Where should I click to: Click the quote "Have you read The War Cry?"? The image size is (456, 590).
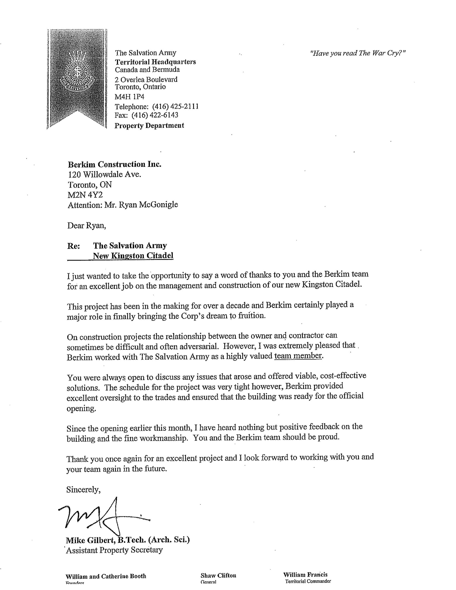coord(358,53)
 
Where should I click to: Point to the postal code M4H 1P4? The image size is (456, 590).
coord(130,97)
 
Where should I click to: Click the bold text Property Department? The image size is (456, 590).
coord(149,126)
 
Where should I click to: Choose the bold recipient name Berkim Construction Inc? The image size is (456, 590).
coord(114,164)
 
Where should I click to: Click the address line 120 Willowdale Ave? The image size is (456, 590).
coord(104,174)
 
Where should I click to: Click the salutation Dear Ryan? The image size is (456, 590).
coord(86,226)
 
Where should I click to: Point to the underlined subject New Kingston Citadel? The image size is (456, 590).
coord(133,256)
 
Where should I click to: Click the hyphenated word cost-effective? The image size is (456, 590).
coord(343,376)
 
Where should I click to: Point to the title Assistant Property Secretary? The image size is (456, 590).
coord(114,550)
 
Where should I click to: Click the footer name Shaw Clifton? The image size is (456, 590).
coord(218,575)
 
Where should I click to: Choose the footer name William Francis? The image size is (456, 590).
coord(305,575)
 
